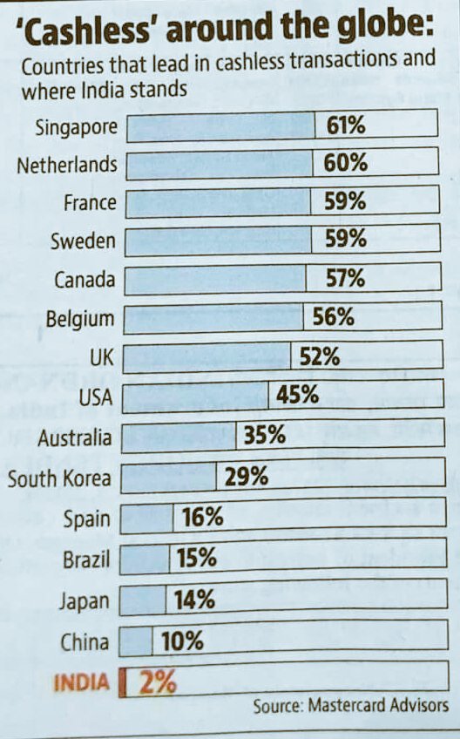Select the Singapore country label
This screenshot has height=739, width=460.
76,127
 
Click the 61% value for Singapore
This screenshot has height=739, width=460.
346,125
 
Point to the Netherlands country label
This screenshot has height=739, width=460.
66,165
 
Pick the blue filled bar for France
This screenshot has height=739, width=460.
218,203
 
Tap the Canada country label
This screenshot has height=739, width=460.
85,280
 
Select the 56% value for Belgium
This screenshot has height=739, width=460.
334,317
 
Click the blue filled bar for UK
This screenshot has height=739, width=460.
207,356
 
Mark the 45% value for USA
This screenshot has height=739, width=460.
298,395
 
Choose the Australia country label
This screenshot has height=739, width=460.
74,437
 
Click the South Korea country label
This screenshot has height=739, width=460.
59,478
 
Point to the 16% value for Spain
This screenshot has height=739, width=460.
203,517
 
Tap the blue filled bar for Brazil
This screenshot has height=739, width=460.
144,558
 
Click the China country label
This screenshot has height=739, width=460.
85,643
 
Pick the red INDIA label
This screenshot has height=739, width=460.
82,683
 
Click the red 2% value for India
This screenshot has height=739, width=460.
157,681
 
